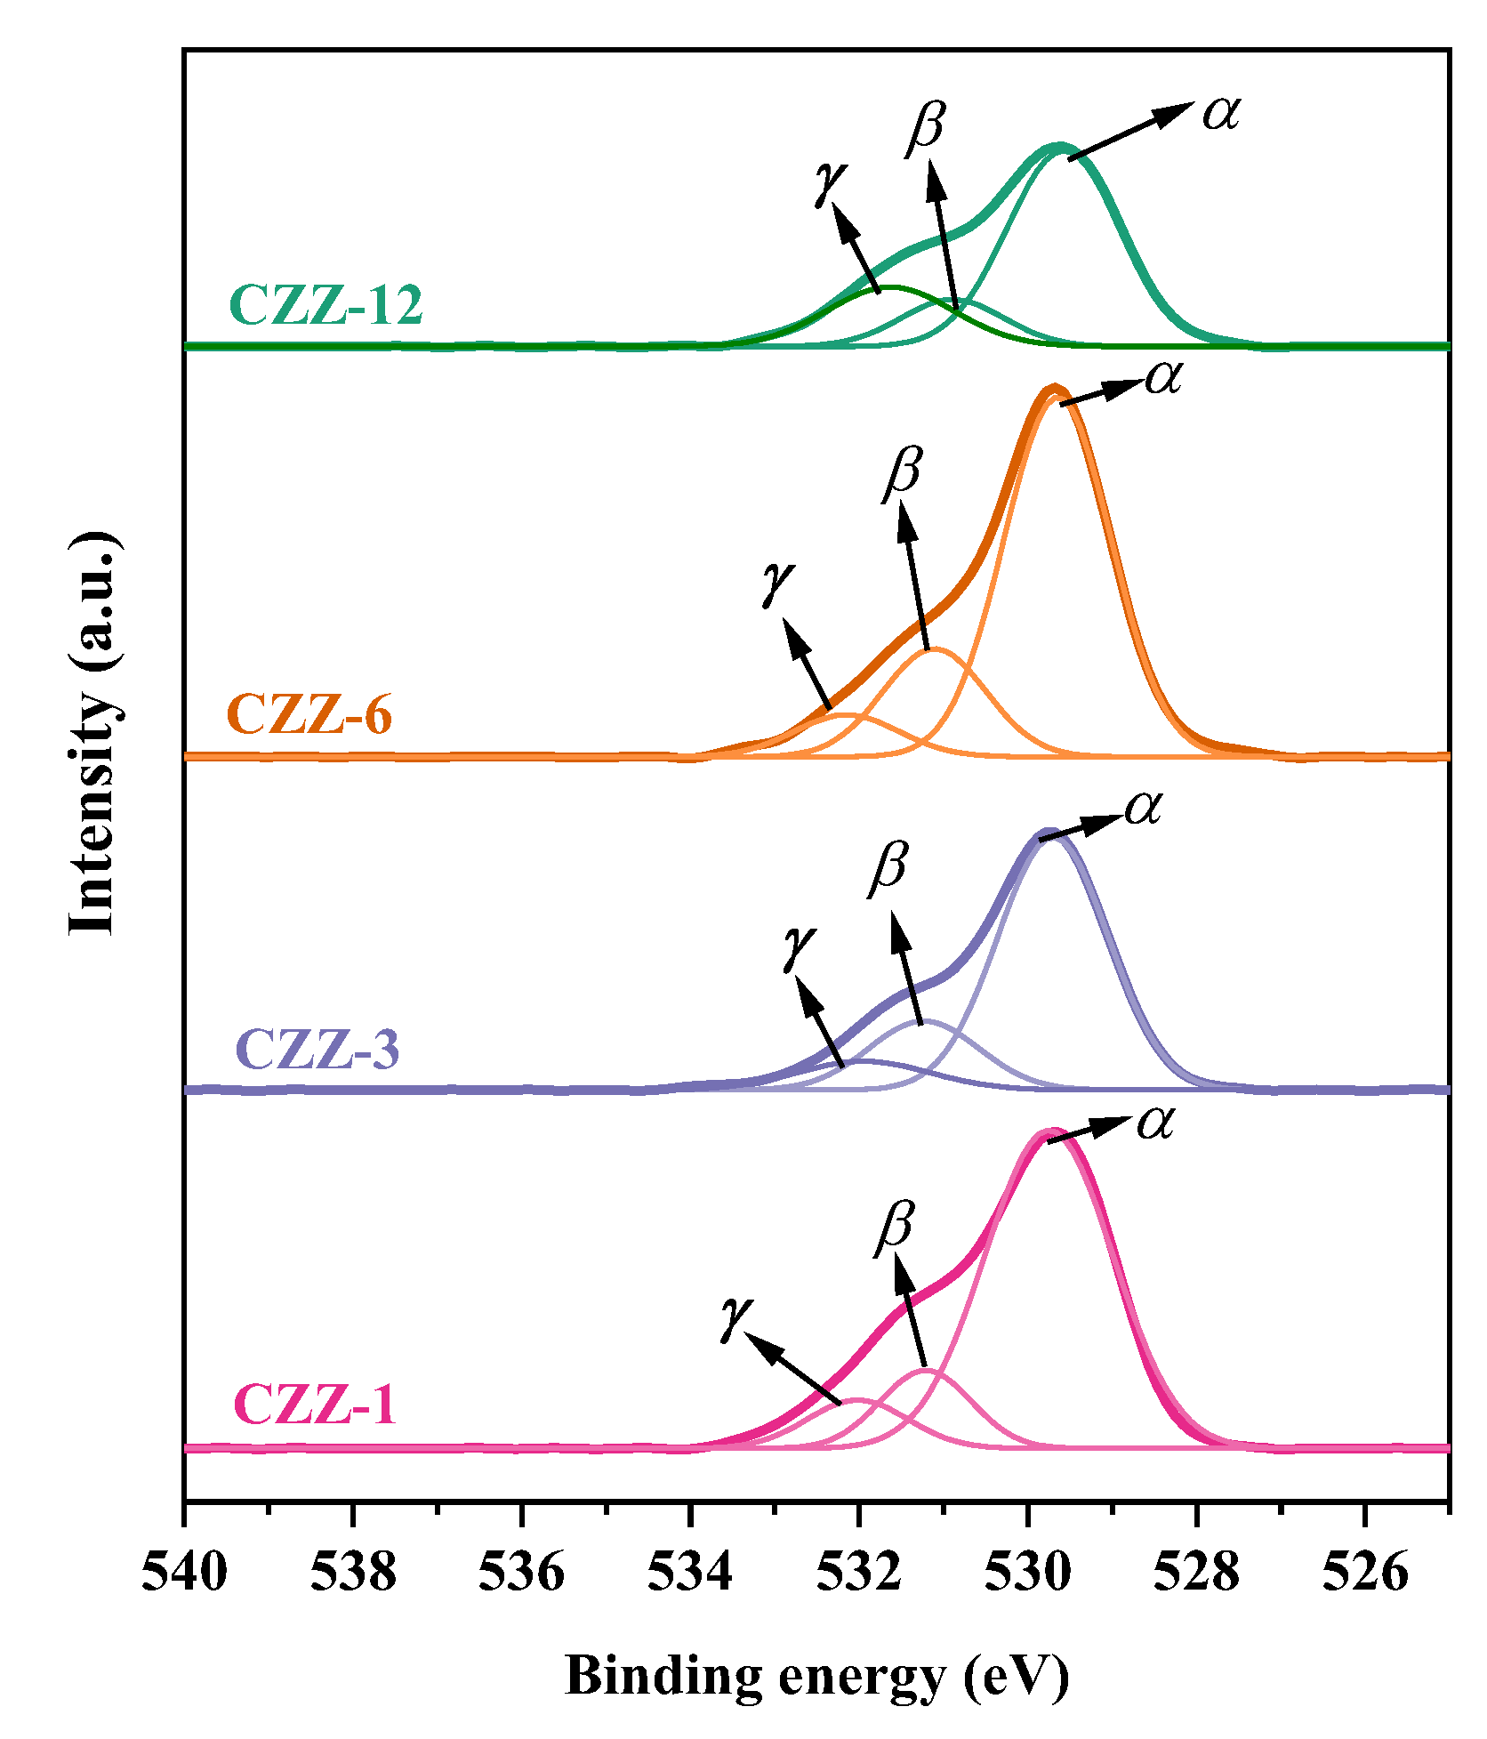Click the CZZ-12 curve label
(x=326, y=305)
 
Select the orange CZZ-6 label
(x=309, y=714)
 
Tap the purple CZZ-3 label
(x=317, y=1049)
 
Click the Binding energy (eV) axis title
(x=816, y=1676)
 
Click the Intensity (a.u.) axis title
(x=92, y=734)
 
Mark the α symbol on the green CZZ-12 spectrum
(x=1221, y=113)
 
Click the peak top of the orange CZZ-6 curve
(x=1054, y=390)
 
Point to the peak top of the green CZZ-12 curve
(x=1059, y=147)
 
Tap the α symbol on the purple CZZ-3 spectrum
(x=1144, y=808)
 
